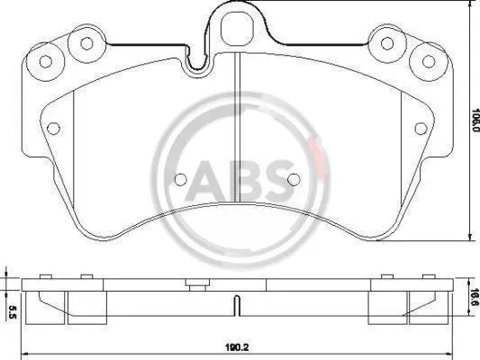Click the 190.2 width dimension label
coord(237,347)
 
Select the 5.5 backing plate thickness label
coord(12,311)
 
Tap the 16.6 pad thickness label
coord(475,297)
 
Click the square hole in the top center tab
coord(237,28)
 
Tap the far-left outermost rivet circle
coord(46,61)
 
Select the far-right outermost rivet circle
coord(429,61)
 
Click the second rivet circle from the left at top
coord(86,43)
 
